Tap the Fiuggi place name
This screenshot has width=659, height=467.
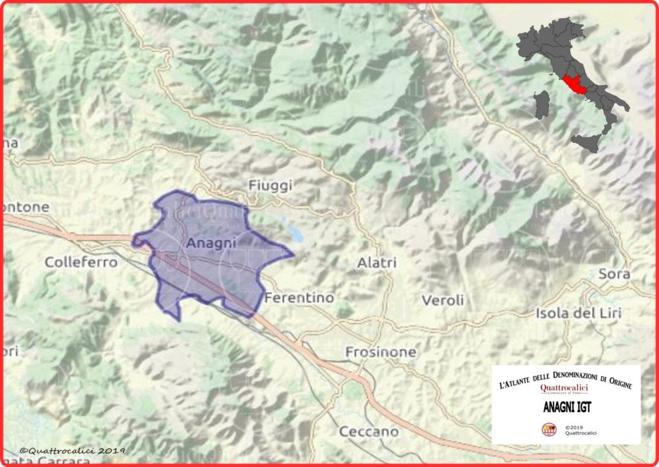click(x=270, y=186)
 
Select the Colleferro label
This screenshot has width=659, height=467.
click(x=81, y=262)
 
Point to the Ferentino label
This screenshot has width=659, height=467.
click(x=299, y=298)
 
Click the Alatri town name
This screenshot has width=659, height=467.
click(x=376, y=263)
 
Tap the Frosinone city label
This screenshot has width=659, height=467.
click(x=380, y=352)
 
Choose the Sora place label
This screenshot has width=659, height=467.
click(x=614, y=274)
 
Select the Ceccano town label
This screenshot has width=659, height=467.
click(x=369, y=432)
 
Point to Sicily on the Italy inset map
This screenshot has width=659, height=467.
click(x=585, y=142)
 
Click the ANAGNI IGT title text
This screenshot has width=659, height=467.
click(x=566, y=408)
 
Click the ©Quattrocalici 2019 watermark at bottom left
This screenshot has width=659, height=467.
click(x=72, y=451)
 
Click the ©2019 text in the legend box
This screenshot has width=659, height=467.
click(x=573, y=426)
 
